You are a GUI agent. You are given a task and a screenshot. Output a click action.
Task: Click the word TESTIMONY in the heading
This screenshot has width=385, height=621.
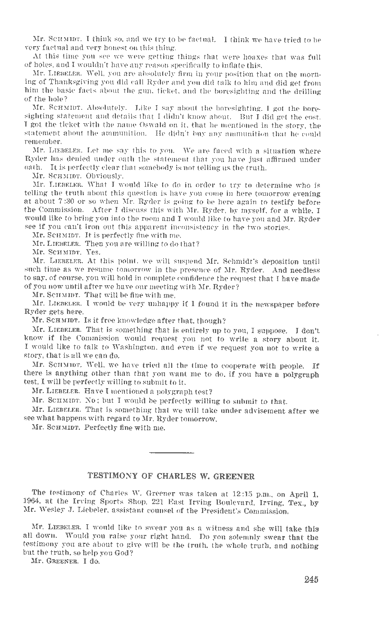click(x=110, y=476)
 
